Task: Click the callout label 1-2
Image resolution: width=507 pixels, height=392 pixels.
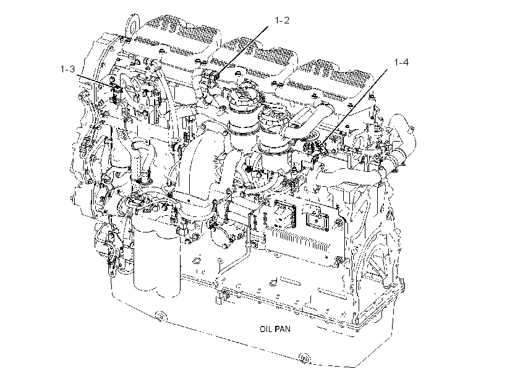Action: pyautogui.click(x=282, y=20)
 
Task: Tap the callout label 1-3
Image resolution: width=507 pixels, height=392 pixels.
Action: pyautogui.click(x=67, y=69)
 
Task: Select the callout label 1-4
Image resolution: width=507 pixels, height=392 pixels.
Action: pyautogui.click(x=401, y=62)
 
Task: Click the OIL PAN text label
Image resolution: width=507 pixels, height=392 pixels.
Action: pyautogui.click(x=275, y=329)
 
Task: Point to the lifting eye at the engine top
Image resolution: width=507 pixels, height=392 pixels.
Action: pyautogui.click(x=132, y=23)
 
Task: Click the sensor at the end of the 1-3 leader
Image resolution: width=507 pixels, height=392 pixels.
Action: pyautogui.click(x=116, y=93)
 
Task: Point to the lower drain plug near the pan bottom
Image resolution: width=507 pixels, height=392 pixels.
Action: pyautogui.click(x=304, y=359)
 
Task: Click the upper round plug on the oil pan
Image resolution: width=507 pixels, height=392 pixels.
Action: pyautogui.click(x=160, y=316)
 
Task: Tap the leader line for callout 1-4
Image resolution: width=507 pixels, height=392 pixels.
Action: pyautogui.click(x=356, y=106)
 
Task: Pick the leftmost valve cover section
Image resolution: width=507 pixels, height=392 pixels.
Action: pyautogui.click(x=176, y=38)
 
